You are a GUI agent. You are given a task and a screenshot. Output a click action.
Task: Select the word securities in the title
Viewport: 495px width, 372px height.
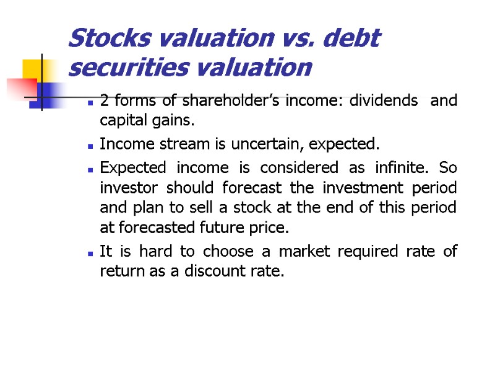pyautogui.click(x=120, y=67)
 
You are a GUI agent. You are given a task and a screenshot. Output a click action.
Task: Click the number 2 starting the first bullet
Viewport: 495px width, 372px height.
pyautogui.click(x=104, y=101)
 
